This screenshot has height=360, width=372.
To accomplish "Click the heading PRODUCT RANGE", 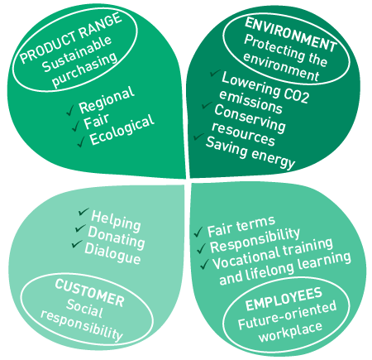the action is (71, 38).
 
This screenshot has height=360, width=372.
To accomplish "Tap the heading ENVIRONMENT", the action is (291, 34).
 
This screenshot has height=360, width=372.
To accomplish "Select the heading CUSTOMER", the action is (89, 293).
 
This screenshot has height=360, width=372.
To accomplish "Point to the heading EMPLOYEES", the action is (284, 299).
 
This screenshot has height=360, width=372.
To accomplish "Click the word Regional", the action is (107, 99).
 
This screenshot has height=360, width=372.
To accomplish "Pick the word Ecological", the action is (122, 129).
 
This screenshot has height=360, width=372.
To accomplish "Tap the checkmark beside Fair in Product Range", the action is (76, 126).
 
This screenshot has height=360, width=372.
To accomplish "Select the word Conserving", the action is (250, 118).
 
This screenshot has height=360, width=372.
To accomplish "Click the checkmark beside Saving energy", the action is (198, 137).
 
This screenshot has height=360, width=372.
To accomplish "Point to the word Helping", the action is (116, 220).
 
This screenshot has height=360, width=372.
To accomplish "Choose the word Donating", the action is (117, 238).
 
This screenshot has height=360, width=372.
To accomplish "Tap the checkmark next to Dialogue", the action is (77, 244).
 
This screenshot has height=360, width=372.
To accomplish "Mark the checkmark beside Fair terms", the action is (198, 232).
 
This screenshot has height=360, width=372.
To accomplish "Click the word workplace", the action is (291, 331).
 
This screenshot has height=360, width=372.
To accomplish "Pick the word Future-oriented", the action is (287, 315).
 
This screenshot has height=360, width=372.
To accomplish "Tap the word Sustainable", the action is (76, 54).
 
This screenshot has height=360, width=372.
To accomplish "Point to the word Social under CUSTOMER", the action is (84, 308).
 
